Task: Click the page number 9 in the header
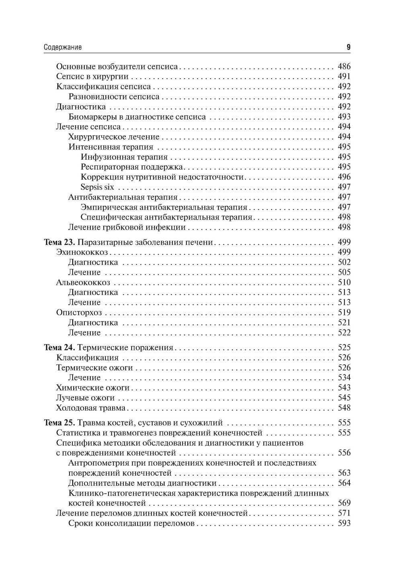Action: (349, 47)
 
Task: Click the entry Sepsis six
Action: (97, 187)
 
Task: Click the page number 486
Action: (344, 67)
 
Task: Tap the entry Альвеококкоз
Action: (83, 283)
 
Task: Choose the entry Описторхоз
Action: (79, 313)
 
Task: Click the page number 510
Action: (344, 283)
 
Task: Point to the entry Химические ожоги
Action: (93, 388)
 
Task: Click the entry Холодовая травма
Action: (91, 408)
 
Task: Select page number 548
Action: (344, 408)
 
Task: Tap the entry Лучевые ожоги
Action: (86, 398)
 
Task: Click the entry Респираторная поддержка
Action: (132, 167)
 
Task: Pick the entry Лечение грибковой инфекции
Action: (127, 228)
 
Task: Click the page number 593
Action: (344, 523)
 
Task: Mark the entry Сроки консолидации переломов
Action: (131, 523)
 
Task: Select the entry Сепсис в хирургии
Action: (92, 77)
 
